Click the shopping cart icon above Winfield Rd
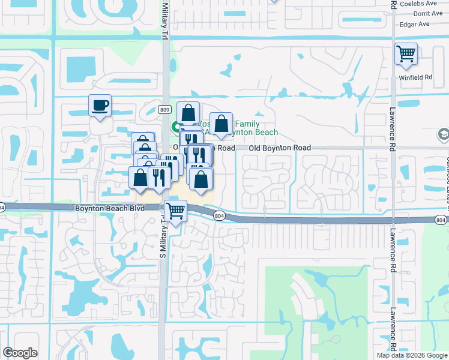pyautogui.click(x=406, y=54)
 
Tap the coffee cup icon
pyautogui.click(x=100, y=106)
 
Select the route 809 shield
pyautogui.click(x=165, y=110)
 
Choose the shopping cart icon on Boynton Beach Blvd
pyautogui.click(x=175, y=211)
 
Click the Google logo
pyautogui.click(x=20, y=353)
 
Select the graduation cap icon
pyautogui.click(x=444, y=134)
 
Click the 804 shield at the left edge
pyautogui.click(x=2, y=207)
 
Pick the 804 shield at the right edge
pyautogui.click(x=441, y=220)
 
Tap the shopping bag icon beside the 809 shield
pyautogui.click(x=188, y=112)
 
